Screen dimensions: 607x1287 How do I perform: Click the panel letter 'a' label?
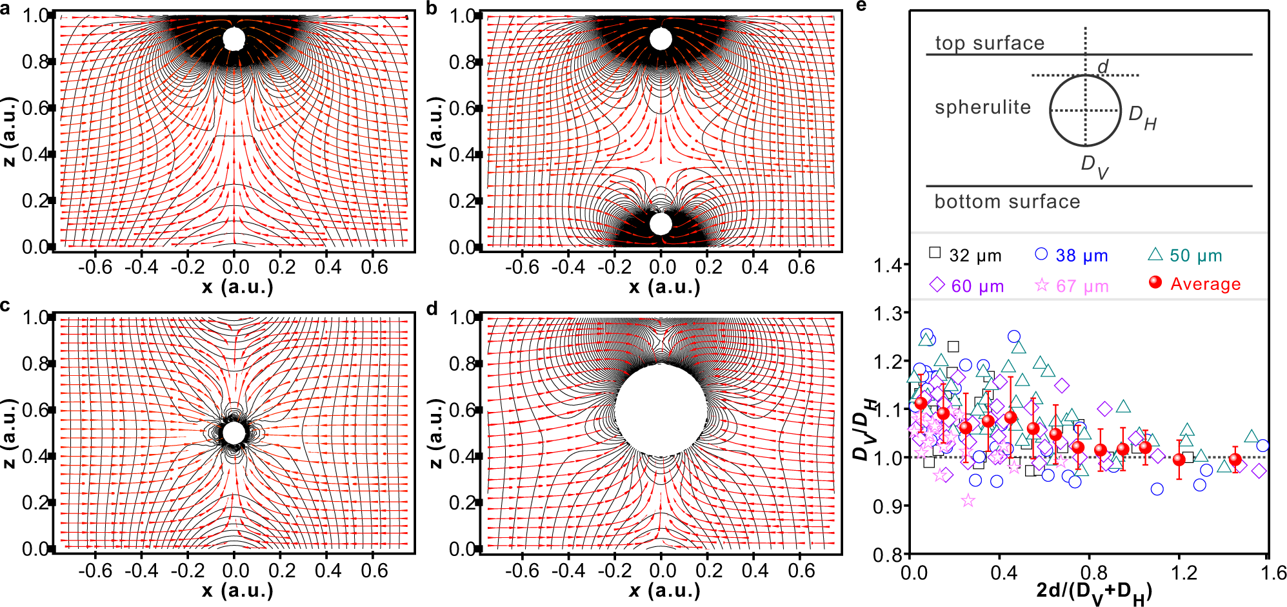6,9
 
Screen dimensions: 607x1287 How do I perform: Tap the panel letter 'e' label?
862,6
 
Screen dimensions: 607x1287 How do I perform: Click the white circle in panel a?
234,39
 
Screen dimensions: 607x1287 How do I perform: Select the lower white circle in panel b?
661,224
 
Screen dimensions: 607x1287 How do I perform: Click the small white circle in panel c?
234,433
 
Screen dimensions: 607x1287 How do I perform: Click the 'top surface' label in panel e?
990,43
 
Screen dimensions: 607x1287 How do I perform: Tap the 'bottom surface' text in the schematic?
1007,201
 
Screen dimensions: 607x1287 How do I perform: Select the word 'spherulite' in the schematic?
983,107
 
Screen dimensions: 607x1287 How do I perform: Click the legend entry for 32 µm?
965,256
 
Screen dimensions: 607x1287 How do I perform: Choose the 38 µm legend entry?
1072,256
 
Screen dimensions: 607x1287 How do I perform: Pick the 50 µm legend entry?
1186,256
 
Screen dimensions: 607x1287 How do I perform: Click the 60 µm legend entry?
966,286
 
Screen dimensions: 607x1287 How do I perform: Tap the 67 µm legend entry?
1072,286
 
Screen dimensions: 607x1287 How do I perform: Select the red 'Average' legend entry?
1195,284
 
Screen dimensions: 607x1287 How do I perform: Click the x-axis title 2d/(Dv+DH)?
1094,592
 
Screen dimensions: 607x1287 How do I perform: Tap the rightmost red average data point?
1235,460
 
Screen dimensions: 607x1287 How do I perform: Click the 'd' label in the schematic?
1102,67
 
